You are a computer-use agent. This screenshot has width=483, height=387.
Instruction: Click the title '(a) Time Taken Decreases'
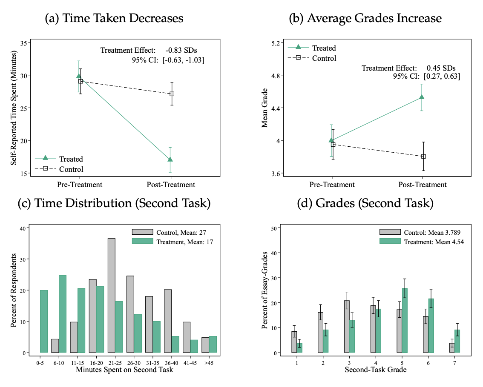(114, 18)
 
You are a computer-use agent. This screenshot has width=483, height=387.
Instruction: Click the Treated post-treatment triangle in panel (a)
(170, 159)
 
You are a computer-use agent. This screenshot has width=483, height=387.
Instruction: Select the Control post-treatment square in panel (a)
(172, 94)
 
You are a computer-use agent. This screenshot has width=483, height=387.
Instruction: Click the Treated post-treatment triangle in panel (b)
(422, 97)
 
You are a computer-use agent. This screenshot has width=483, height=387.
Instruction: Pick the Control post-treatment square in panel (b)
(423, 156)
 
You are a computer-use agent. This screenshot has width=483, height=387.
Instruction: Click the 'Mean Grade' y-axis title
(264, 108)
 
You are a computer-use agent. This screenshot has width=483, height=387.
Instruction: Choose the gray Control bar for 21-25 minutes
(111, 295)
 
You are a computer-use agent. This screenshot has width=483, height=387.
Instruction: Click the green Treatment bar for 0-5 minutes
(43, 321)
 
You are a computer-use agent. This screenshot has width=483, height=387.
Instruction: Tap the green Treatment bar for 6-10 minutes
(63, 314)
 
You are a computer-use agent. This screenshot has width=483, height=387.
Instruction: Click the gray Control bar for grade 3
(347, 326)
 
